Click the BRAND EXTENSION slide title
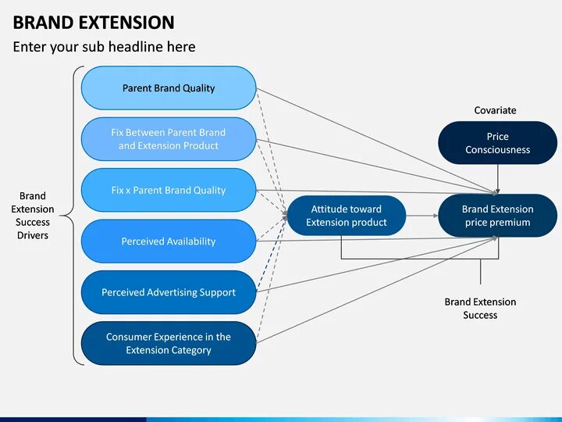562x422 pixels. pos(94,22)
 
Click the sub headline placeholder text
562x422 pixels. pos(104,47)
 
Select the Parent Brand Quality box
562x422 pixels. pos(169,88)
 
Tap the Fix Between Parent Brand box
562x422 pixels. pos(169,139)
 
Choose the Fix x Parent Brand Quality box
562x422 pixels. pos(169,190)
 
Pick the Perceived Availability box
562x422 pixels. pos(169,241)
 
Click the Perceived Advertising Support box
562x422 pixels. pos(169,292)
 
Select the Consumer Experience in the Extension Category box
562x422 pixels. pos(169,344)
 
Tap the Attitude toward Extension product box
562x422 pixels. pos(347,216)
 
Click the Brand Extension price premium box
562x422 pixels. pos(497,216)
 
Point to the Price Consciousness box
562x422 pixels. pos(497,143)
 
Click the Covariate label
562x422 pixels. pos(495,110)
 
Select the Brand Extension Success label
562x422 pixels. pos(480,308)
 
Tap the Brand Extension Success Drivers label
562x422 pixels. pos(33,216)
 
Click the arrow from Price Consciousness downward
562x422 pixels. pos(497,179)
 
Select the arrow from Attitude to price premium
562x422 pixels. pos(421,216)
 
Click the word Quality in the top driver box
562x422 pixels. pos(198,88)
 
